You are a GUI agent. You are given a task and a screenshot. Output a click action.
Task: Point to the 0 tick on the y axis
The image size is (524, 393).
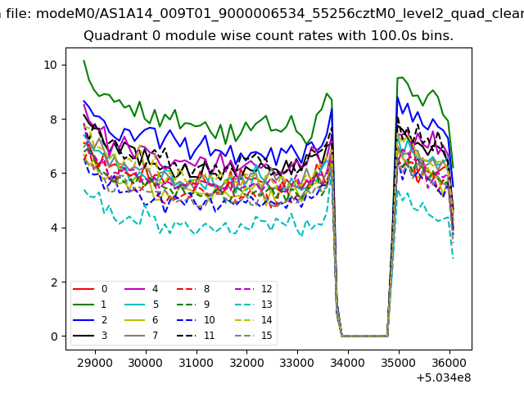53,337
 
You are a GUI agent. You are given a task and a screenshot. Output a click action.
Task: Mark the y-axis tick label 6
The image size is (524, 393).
53,174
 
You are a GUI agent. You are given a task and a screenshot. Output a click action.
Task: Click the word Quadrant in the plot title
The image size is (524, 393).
111,37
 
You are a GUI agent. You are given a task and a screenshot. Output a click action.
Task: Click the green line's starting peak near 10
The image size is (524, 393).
84,61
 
